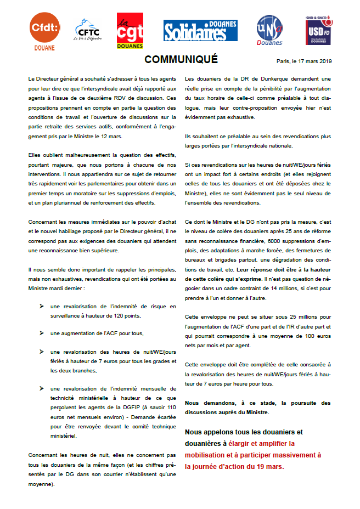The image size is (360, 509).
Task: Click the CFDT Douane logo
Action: point(44,32)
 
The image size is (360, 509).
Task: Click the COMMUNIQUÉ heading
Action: point(181,59)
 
